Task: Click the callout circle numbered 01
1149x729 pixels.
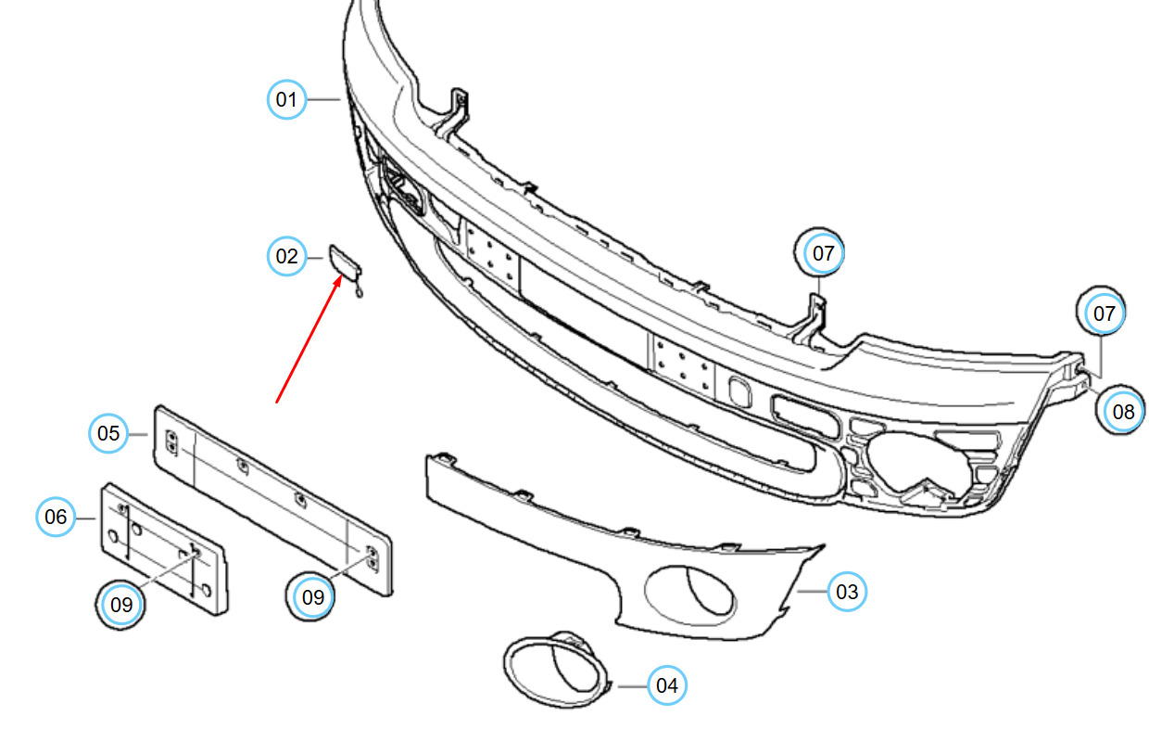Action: pyautogui.click(x=286, y=99)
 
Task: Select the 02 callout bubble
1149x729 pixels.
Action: pyautogui.click(x=286, y=256)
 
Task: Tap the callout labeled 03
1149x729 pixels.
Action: pyautogui.click(x=847, y=592)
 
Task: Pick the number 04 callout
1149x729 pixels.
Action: pyautogui.click(x=667, y=685)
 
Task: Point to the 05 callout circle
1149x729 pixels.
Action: pyautogui.click(x=108, y=433)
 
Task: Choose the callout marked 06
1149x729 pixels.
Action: pyautogui.click(x=56, y=517)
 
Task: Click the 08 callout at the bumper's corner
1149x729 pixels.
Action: pyautogui.click(x=1121, y=411)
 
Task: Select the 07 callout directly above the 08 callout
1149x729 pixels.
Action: pyautogui.click(x=1102, y=312)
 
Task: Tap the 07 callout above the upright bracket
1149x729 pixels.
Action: pyautogui.click(x=820, y=252)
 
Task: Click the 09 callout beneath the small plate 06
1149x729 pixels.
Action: pyautogui.click(x=121, y=605)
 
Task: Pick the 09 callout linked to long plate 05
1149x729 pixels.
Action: pyautogui.click(x=311, y=597)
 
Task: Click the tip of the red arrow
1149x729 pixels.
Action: pyautogui.click(x=341, y=275)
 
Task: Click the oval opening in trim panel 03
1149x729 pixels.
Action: pyautogui.click(x=690, y=595)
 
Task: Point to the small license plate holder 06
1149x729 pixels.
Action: pyautogui.click(x=164, y=549)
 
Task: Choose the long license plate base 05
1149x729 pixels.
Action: pyautogui.click(x=271, y=501)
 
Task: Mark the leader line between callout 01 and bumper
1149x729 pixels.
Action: pyautogui.click(x=324, y=99)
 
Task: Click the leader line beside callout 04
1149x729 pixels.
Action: pyautogui.click(x=633, y=686)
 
